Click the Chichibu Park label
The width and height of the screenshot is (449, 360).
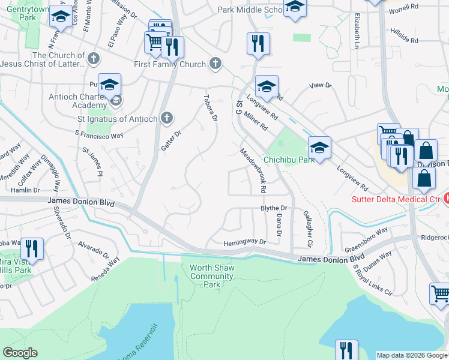pyautogui.click(x=289, y=160)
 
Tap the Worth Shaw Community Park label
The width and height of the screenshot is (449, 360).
pyautogui.click(x=211, y=276)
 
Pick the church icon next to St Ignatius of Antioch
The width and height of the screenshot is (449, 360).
pyautogui.click(x=167, y=118)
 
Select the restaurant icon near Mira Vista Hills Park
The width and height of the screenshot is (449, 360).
pyautogui.click(x=31, y=248)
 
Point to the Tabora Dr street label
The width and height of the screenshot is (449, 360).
pyautogui.click(x=209, y=107)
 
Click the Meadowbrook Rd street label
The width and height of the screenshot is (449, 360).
pyautogui.click(x=253, y=170)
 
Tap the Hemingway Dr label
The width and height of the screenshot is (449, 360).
pyautogui.click(x=244, y=242)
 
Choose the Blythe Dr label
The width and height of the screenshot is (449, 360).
pyautogui.click(x=274, y=208)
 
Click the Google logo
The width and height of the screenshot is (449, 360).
pyautogui.click(x=20, y=353)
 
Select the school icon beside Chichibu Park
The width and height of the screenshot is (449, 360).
pyautogui.click(x=320, y=147)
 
